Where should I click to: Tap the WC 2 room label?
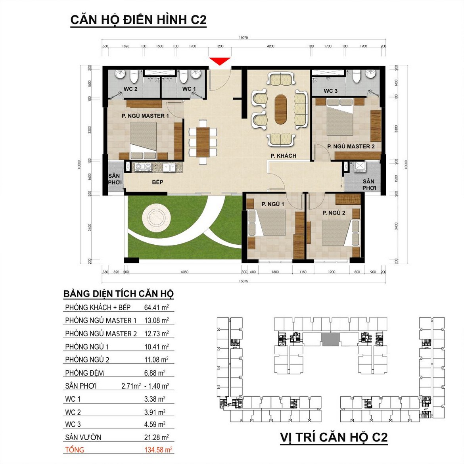pyautogui.click(x=130, y=89)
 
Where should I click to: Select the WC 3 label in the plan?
pyautogui.click(x=330, y=91)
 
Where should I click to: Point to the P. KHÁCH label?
pyautogui.click(x=283, y=156)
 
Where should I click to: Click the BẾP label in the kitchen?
pyautogui.click(x=157, y=182)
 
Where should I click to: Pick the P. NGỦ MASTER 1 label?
pyautogui.click(x=145, y=116)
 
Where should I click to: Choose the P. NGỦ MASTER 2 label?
pyautogui.click(x=351, y=146)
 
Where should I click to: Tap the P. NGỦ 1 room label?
pyautogui.click(x=273, y=204)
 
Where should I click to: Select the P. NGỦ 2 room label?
pyautogui.click(x=334, y=213)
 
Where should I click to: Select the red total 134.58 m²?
pyautogui.click(x=158, y=450)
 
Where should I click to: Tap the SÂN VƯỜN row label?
pyautogui.click(x=83, y=437)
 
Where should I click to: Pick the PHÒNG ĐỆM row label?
pyautogui.click(x=84, y=373)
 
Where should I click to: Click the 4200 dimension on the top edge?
pyautogui.click(x=270, y=46)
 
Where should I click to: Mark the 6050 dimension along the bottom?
pyautogui.click(x=184, y=272)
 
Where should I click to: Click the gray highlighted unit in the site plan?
pyautogui.click(x=330, y=339)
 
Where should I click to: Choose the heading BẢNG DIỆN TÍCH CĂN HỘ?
pyautogui.click(x=119, y=294)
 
